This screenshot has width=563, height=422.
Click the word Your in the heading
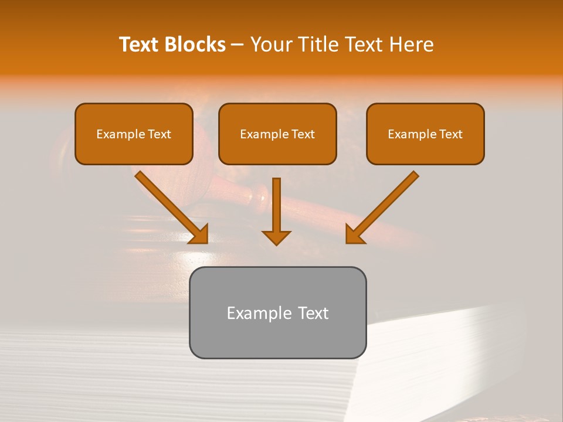coord(271,45)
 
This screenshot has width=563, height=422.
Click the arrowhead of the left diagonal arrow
coord(199,234)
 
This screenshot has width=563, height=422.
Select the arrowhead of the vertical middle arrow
coord(276,237)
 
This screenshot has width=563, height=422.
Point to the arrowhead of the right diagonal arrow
coord(354,234)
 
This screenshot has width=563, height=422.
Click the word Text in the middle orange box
coord(303,134)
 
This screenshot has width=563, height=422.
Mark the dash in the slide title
coord(238,45)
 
